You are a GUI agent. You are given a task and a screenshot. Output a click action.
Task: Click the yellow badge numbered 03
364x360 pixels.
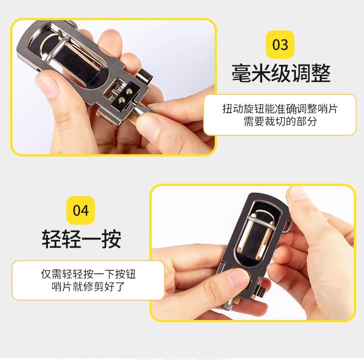[x=280, y=45]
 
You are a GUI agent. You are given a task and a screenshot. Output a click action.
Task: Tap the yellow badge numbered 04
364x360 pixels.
[x=81, y=210]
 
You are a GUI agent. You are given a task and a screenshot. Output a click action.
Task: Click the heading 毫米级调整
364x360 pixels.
[x=281, y=73]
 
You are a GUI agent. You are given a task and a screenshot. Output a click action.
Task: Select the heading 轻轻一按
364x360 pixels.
[x=82, y=239]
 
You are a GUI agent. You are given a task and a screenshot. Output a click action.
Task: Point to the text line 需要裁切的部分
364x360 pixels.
[x=280, y=122]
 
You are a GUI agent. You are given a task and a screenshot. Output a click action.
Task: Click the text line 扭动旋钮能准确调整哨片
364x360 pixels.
[x=280, y=109]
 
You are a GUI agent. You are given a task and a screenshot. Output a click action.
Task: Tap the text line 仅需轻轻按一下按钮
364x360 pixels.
[x=88, y=274]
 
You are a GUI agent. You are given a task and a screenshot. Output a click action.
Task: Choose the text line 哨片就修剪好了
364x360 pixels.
[x=88, y=286]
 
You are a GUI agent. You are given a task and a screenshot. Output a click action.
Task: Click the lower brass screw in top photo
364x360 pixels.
[x=122, y=100]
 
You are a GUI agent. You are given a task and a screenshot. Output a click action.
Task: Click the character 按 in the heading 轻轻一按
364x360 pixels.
[x=112, y=239]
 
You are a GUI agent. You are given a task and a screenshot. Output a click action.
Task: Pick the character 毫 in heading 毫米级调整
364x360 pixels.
[x=241, y=73]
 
